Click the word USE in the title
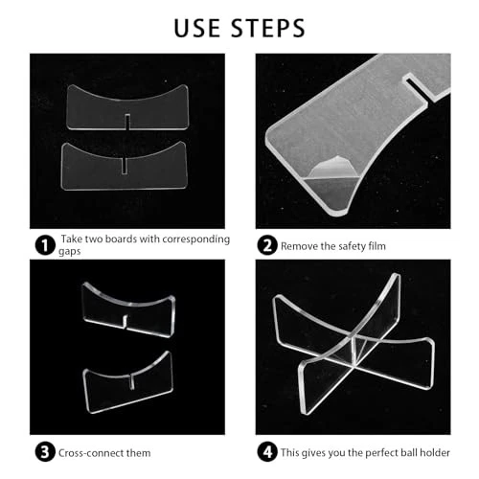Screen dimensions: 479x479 click(197, 28)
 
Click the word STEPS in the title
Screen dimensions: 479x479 click(267, 28)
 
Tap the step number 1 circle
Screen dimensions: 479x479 click(45, 245)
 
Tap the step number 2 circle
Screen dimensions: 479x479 click(267, 245)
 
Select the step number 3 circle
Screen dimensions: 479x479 click(45, 452)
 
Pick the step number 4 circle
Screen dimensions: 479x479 click(267, 452)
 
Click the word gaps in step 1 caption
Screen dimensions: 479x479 click(69, 252)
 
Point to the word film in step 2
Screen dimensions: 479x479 click(376, 246)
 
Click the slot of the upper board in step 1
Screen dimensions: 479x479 click(127, 122)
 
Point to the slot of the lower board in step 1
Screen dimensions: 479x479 click(125, 166)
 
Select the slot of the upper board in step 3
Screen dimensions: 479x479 click(125, 322)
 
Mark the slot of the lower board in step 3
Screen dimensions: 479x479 click(131, 381)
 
